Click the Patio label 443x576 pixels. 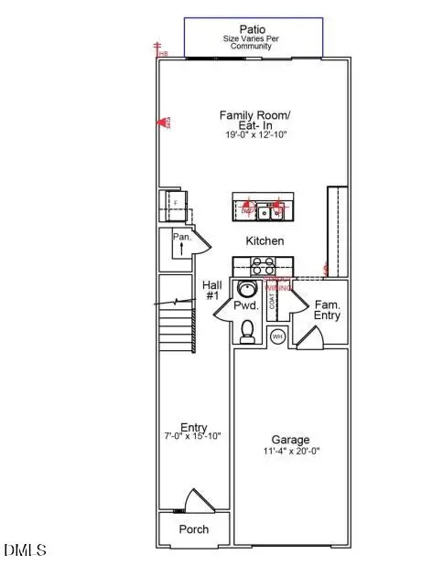253,29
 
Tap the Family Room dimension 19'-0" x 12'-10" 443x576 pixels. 253,134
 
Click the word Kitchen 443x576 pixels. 265,241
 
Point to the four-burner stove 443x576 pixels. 264,266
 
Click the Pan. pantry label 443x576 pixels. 180,237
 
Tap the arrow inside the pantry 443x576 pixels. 180,247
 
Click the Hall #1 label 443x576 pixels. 211,291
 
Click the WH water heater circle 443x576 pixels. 276,337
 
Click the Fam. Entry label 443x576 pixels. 328,310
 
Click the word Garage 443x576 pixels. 289,440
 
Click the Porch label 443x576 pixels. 193,529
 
